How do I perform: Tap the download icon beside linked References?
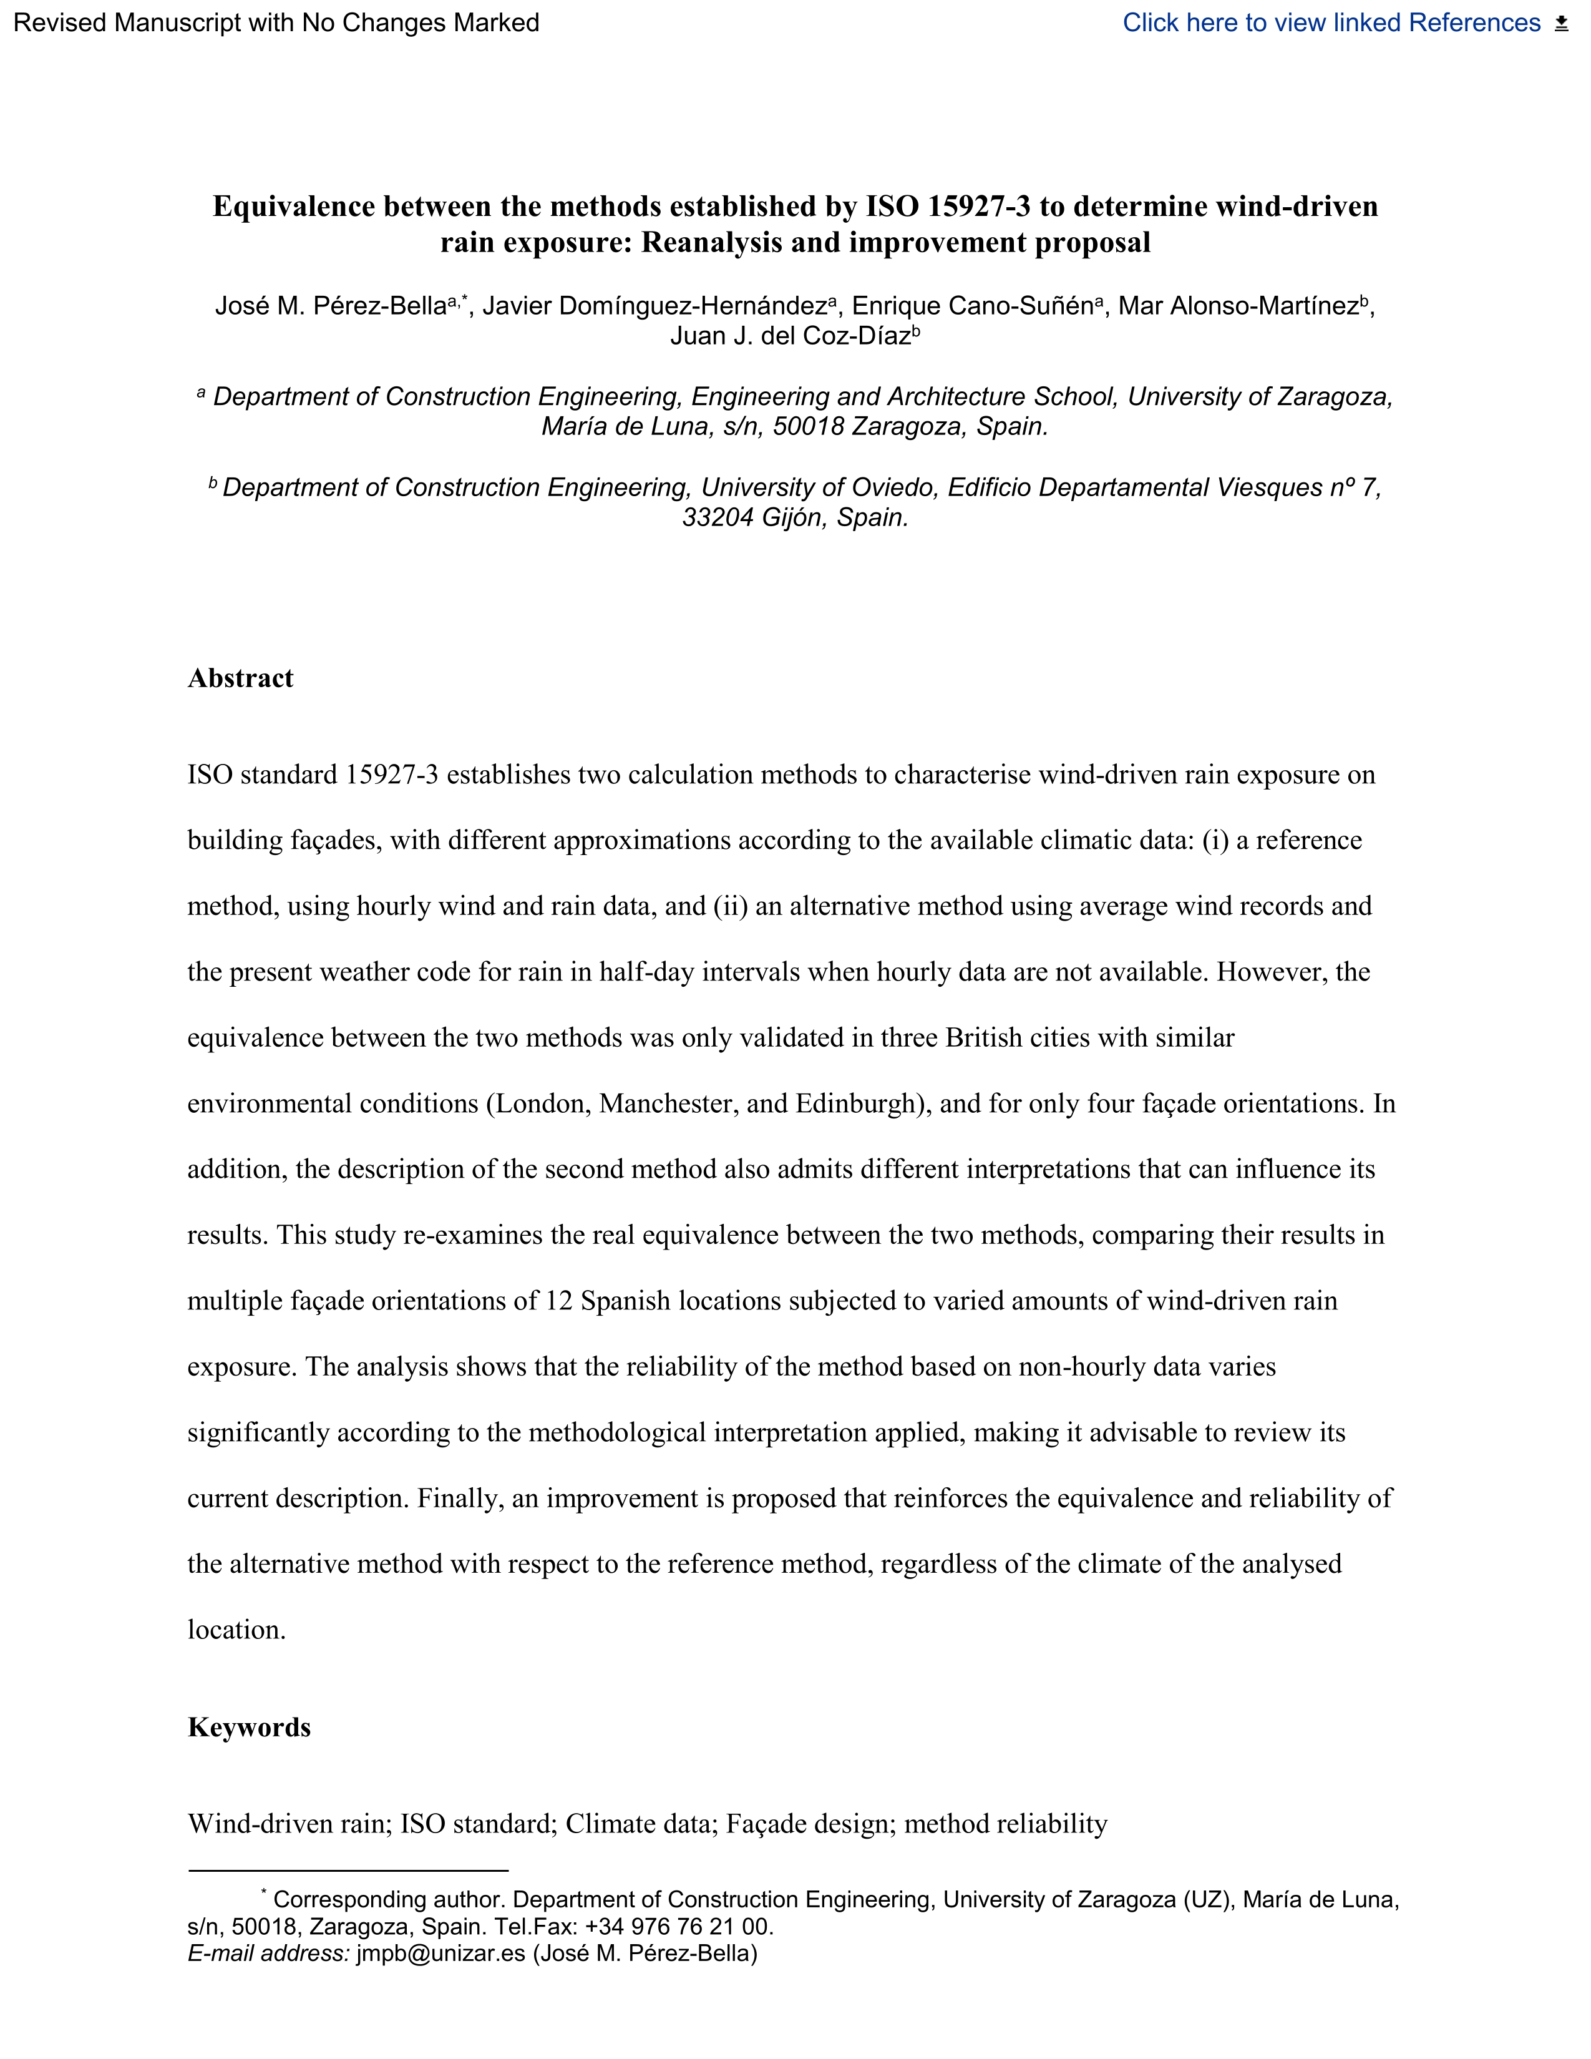pyautogui.click(x=1562, y=24)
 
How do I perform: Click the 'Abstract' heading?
pyautogui.click(x=240, y=678)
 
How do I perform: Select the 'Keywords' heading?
pyautogui.click(x=249, y=1726)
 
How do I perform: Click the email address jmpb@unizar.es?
pyautogui.click(x=440, y=1952)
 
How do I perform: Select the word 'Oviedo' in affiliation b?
pyautogui.click(x=897, y=487)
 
